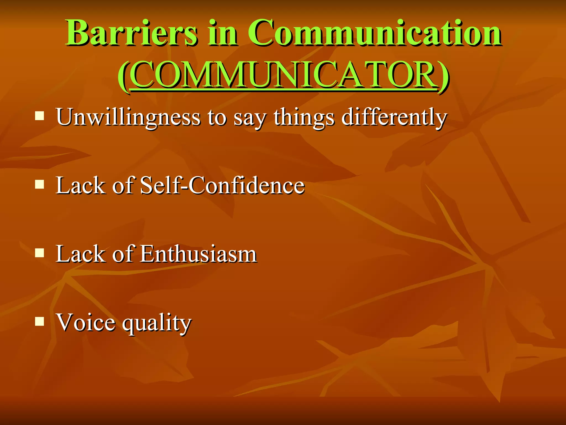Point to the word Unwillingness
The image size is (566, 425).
click(128, 117)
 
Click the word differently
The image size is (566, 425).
click(394, 117)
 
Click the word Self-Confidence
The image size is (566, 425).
click(222, 185)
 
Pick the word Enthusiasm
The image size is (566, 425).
click(199, 254)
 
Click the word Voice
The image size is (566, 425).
click(86, 322)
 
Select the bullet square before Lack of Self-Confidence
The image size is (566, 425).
click(40, 184)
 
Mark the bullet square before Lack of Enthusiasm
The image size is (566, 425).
click(40, 253)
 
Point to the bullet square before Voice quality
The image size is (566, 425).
click(40, 321)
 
